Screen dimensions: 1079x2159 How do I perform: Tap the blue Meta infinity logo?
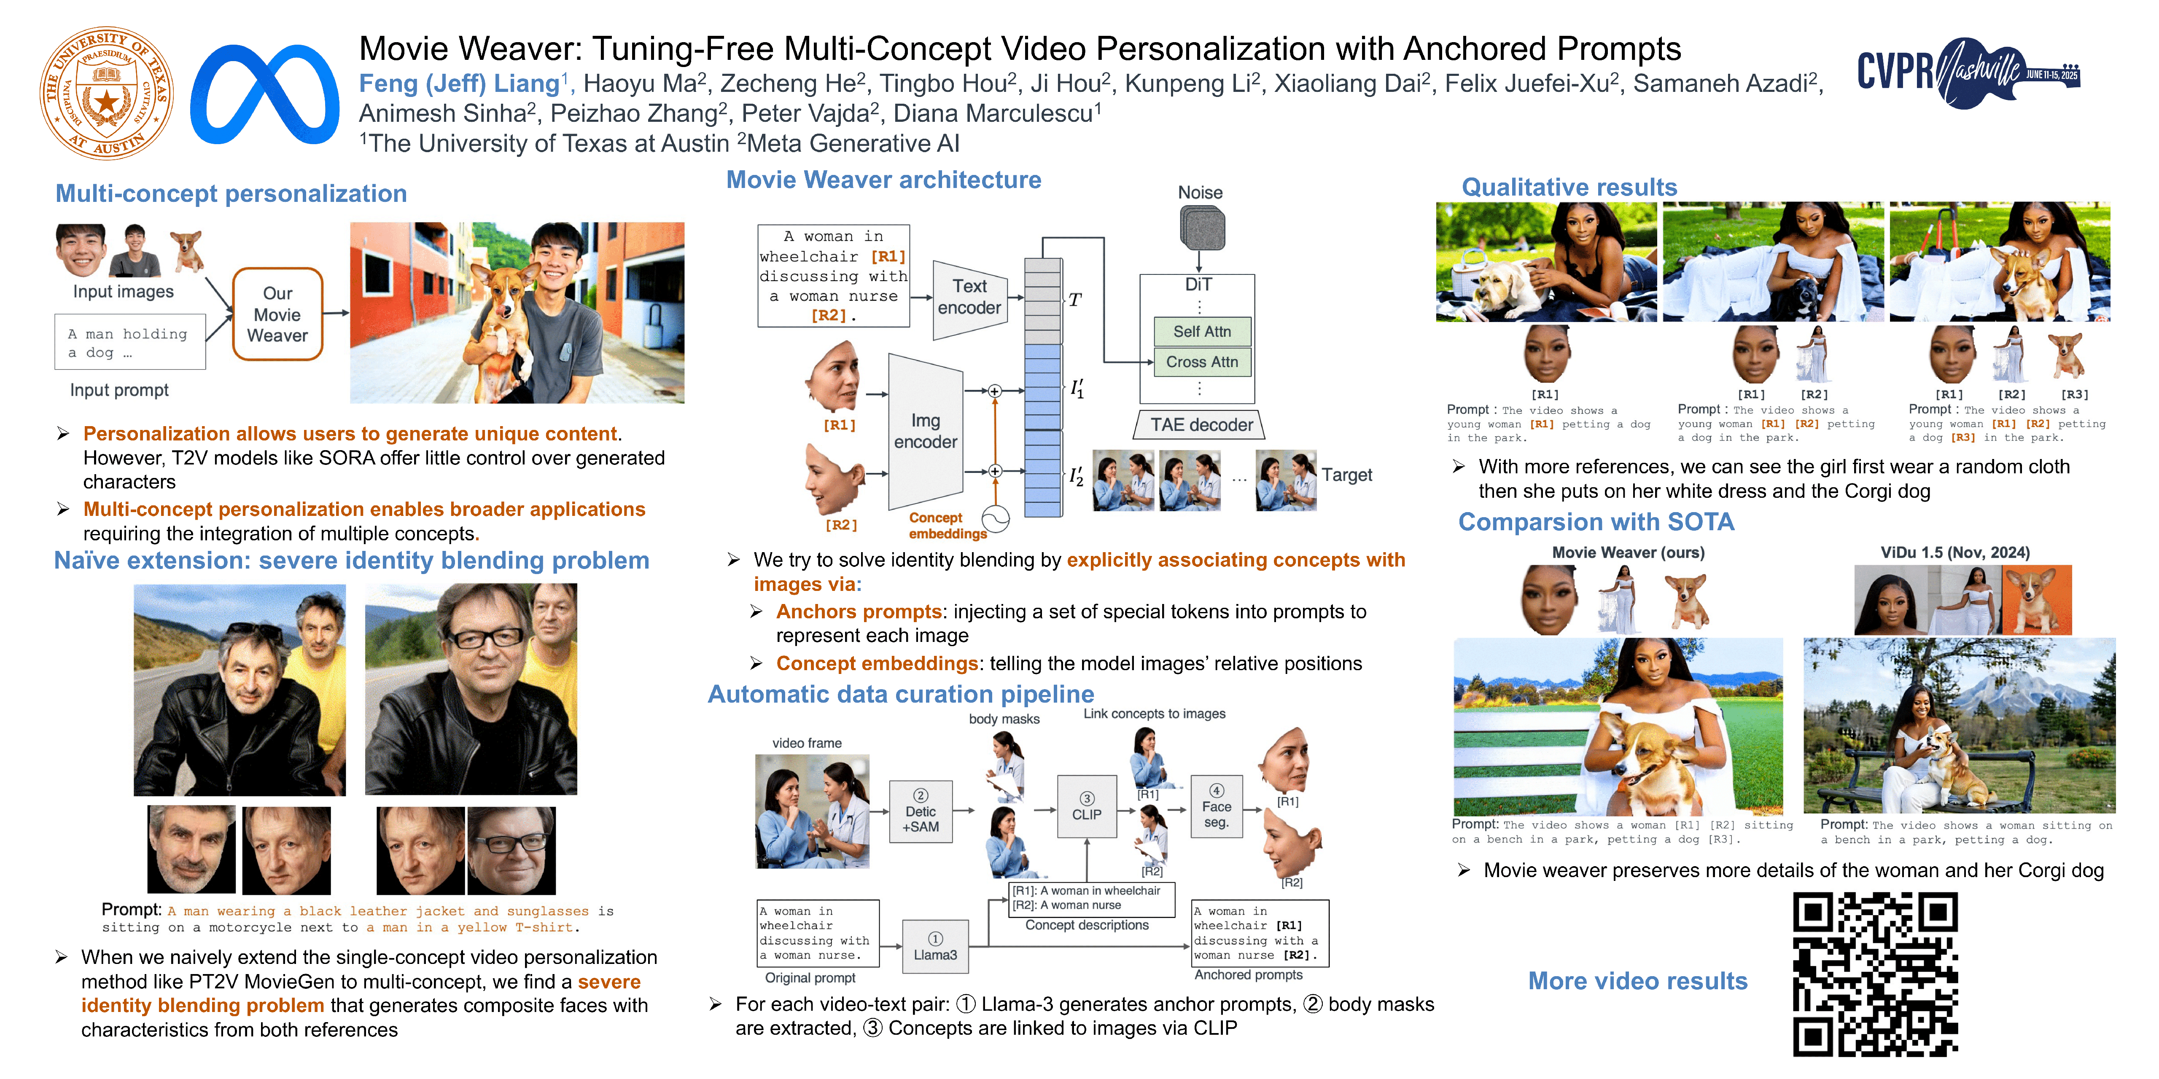pos(265,94)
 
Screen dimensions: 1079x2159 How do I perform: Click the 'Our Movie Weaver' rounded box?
pos(277,314)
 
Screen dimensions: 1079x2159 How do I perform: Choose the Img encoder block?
pos(925,432)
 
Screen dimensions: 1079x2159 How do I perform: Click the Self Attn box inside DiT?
pos(1202,332)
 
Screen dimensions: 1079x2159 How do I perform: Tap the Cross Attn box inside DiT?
pos(1202,362)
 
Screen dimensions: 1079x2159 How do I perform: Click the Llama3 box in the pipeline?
pos(935,947)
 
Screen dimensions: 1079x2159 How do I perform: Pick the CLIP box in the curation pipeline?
pos(1087,806)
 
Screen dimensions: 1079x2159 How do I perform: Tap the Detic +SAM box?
pos(920,811)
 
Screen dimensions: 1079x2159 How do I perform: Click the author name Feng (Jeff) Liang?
pos(459,84)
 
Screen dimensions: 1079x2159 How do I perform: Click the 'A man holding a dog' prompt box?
pos(130,342)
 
